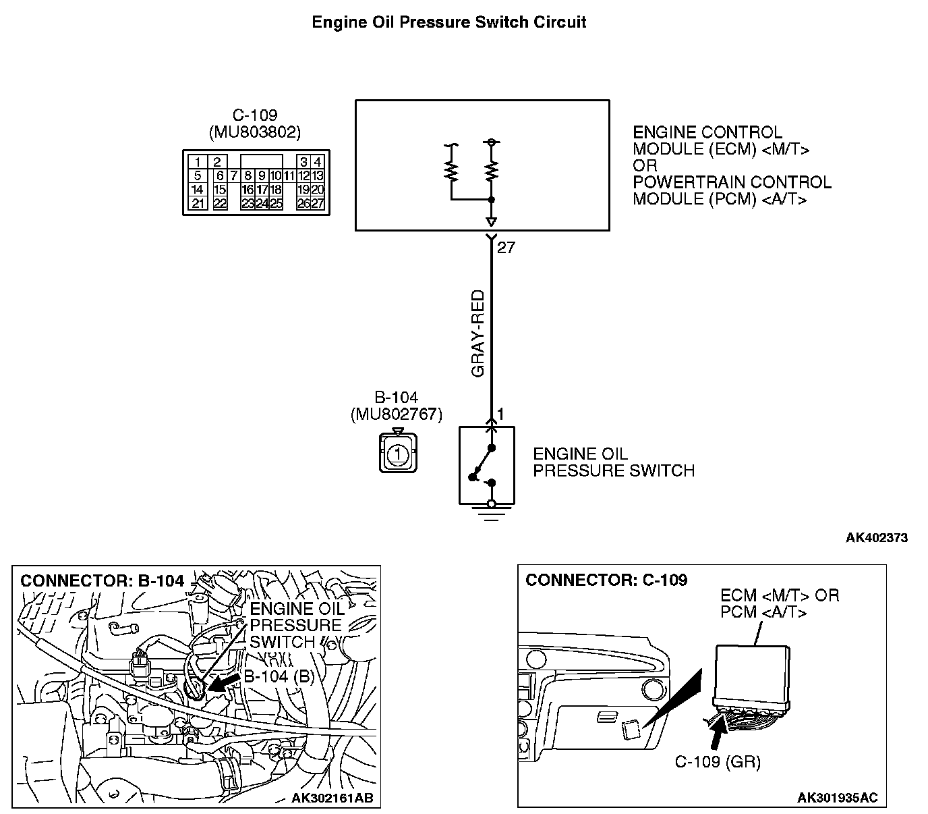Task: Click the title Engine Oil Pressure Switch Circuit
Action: click(x=448, y=22)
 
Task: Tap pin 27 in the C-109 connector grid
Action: click(x=318, y=204)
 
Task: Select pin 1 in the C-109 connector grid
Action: click(x=198, y=162)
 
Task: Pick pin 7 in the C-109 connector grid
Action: click(x=233, y=175)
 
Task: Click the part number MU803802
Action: click(x=255, y=132)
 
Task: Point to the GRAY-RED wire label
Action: click(x=478, y=333)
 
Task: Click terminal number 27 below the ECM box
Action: click(x=506, y=248)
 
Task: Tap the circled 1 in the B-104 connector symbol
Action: click(x=398, y=453)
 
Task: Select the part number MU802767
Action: click(x=397, y=414)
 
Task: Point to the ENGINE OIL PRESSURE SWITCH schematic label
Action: click(x=613, y=462)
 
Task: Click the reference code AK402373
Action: click(x=877, y=538)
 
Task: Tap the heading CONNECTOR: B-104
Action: click(x=103, y=580)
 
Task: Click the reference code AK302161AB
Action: click(x=332, y=798)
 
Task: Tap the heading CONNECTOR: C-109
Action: click(x=606, y=580)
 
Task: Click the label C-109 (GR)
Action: click(x=718, y=762)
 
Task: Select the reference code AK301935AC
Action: click(x=838, y=798)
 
